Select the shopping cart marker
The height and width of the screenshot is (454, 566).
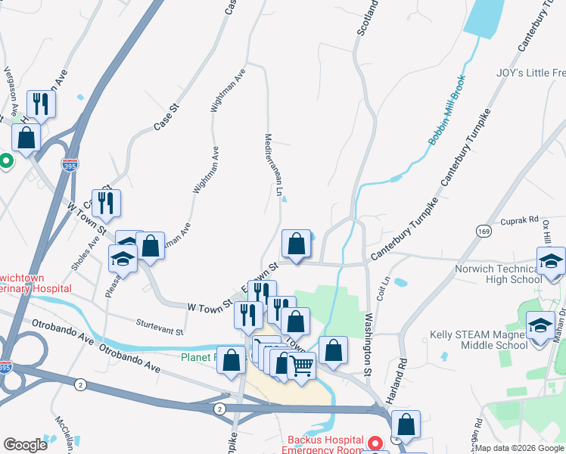pos(302,367)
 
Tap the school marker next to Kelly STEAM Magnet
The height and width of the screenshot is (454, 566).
pos(540,328)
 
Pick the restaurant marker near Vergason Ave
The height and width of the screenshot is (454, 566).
pos(40,104)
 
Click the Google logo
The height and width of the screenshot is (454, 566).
pos(25,444)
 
